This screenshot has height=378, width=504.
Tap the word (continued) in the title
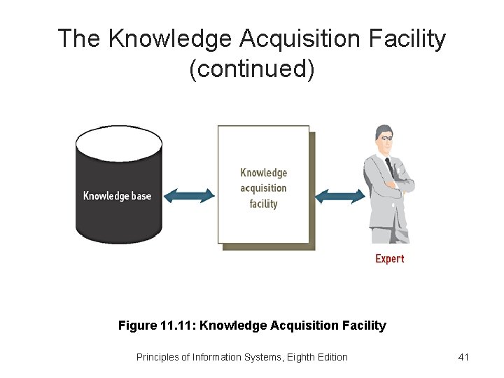coord(252,69)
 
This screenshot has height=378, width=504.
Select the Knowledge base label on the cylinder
coord(117,196)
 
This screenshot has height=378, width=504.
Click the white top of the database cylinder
coord(118,143)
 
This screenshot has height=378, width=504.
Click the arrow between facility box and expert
coord(339,197)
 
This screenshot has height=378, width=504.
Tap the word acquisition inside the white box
coord(263,188)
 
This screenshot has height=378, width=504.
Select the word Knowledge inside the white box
coord(263,173)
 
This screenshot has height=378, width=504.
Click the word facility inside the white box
coord(263,204)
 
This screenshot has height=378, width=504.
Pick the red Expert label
coord(390,259)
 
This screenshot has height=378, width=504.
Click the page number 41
coord(463,357)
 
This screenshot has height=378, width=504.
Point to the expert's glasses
coord(385,138)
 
